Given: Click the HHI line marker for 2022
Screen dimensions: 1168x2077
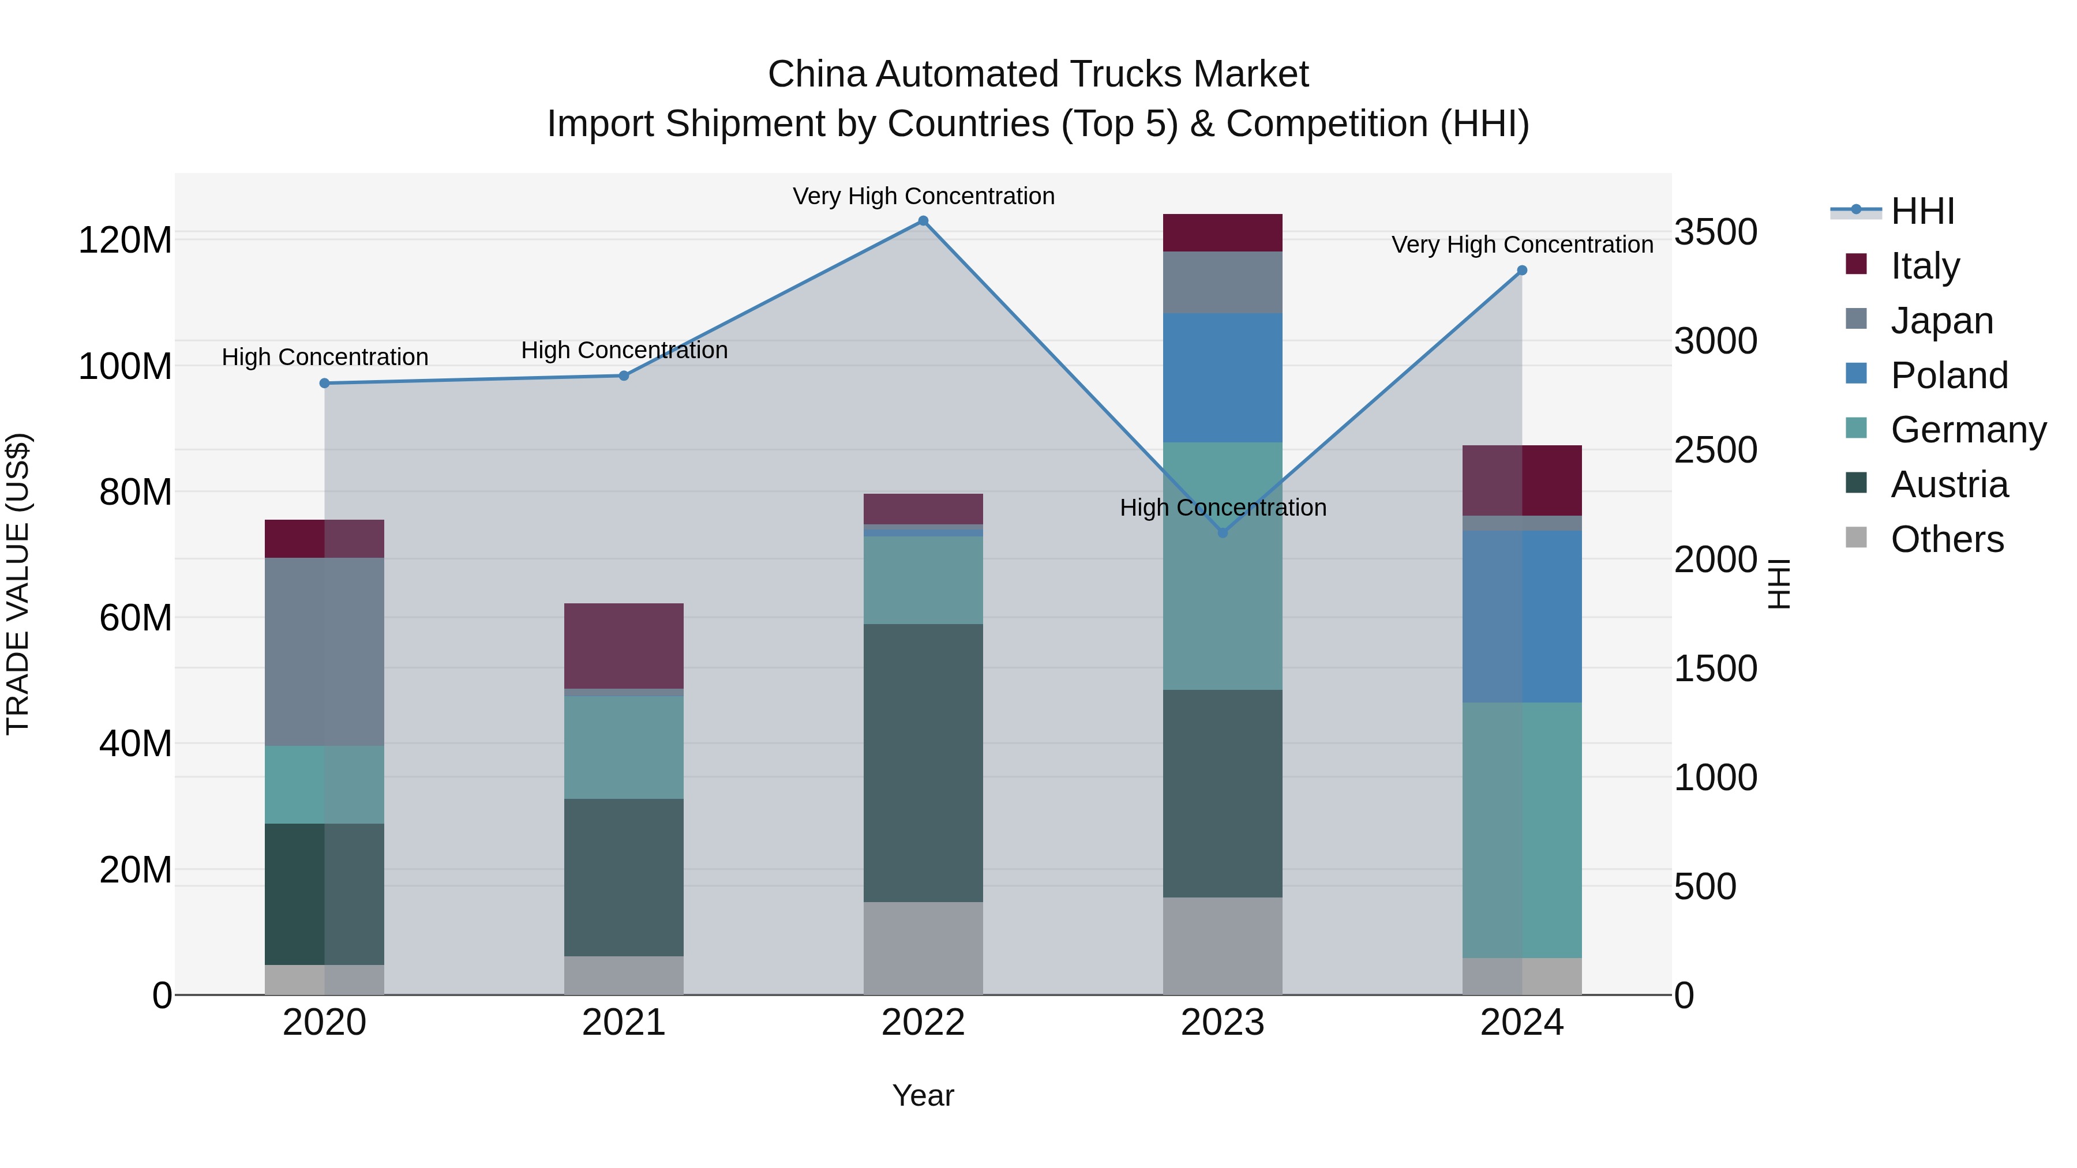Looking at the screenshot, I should (x=923, y=221).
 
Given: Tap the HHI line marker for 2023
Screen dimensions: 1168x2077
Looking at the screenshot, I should (x=1223, y=533).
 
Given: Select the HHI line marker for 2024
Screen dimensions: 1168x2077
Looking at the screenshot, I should (x=1521, y=271).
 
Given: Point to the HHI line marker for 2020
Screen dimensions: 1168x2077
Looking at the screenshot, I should (x=325, y=384).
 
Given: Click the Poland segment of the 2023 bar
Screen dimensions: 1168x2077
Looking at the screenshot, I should (x=1223, y=377).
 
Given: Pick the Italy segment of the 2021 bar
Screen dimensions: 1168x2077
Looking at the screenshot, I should (x=623, y=645).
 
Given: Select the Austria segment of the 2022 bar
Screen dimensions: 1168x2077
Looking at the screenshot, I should (x=923, y=763).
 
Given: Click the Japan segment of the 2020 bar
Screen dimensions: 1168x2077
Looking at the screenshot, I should (x=325, y=651).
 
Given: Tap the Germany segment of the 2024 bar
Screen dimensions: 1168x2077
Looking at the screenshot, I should (x=1521, y=830).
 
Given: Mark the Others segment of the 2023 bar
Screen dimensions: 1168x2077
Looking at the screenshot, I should (x=1223, y=945).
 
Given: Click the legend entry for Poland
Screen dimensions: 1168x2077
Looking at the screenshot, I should (x=1948, y=375).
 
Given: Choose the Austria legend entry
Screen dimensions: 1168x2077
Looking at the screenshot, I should (x=1948, y=485).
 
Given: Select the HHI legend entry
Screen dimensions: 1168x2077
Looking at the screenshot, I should (x=1922, y=211).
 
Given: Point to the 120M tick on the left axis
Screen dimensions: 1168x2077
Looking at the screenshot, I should (x=125, y=240).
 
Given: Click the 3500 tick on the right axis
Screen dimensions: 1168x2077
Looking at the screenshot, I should (x=1716, y=232).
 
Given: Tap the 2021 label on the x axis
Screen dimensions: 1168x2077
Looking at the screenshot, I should (x=623, y=1023).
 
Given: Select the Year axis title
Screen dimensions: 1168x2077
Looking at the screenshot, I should (x=923, y=1095).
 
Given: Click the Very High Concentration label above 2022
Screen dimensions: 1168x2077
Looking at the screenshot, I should (x=923, y=196).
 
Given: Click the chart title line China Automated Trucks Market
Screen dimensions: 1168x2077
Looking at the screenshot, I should (x=1038, y=74).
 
